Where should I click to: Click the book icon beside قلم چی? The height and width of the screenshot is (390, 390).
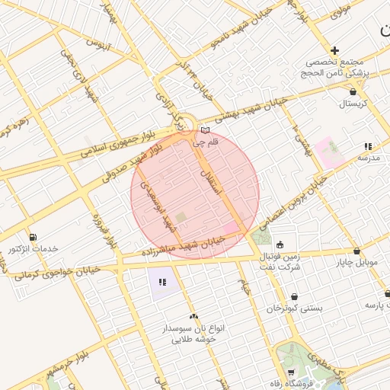204,130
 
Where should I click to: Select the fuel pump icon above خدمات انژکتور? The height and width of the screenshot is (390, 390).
32,236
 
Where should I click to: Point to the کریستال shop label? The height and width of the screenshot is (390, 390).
353,103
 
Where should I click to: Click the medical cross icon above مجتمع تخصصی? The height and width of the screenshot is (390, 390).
334,50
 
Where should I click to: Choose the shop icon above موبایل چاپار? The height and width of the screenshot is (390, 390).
356,251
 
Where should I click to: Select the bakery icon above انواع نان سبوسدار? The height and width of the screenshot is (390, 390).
193,316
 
